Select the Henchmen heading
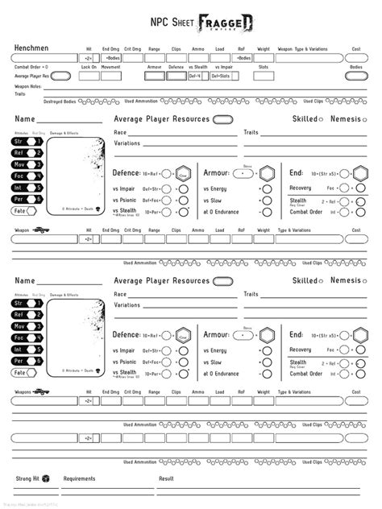click(32, 49)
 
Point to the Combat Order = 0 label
click(32, 66)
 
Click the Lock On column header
click(89, 66)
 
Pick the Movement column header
click(111, 66)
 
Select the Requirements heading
click(80, 478)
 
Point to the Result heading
click(166, 478)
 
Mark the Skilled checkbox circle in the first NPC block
click(321, 119)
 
